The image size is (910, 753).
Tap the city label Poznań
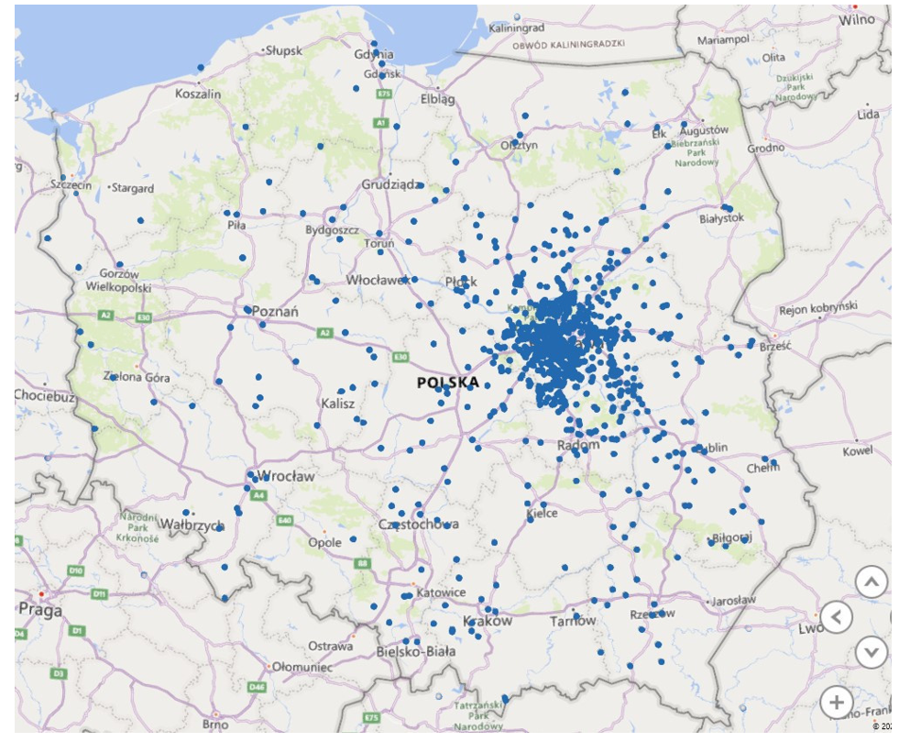(x=276, y=312)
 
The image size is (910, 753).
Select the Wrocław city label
(x=287, y=477)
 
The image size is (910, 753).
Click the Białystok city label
(x=721, y=218)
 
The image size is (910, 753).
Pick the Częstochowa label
(x=419, y=525)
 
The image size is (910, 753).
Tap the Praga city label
(x=41, y=610)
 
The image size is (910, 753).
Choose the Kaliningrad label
(x=516, y=28)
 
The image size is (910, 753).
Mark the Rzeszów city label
(x=652, y=614)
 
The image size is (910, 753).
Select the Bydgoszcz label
(x=333, y=229)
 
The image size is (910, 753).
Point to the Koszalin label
(x=198, y=94)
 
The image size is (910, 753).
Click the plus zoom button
(x=836, y=703)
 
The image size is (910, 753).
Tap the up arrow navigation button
(x=872, y=581)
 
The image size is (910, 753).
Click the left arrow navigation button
(x=836, y=617)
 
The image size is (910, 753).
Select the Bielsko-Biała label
(x=415, y=651)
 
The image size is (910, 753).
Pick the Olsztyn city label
(x=518, y=145)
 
